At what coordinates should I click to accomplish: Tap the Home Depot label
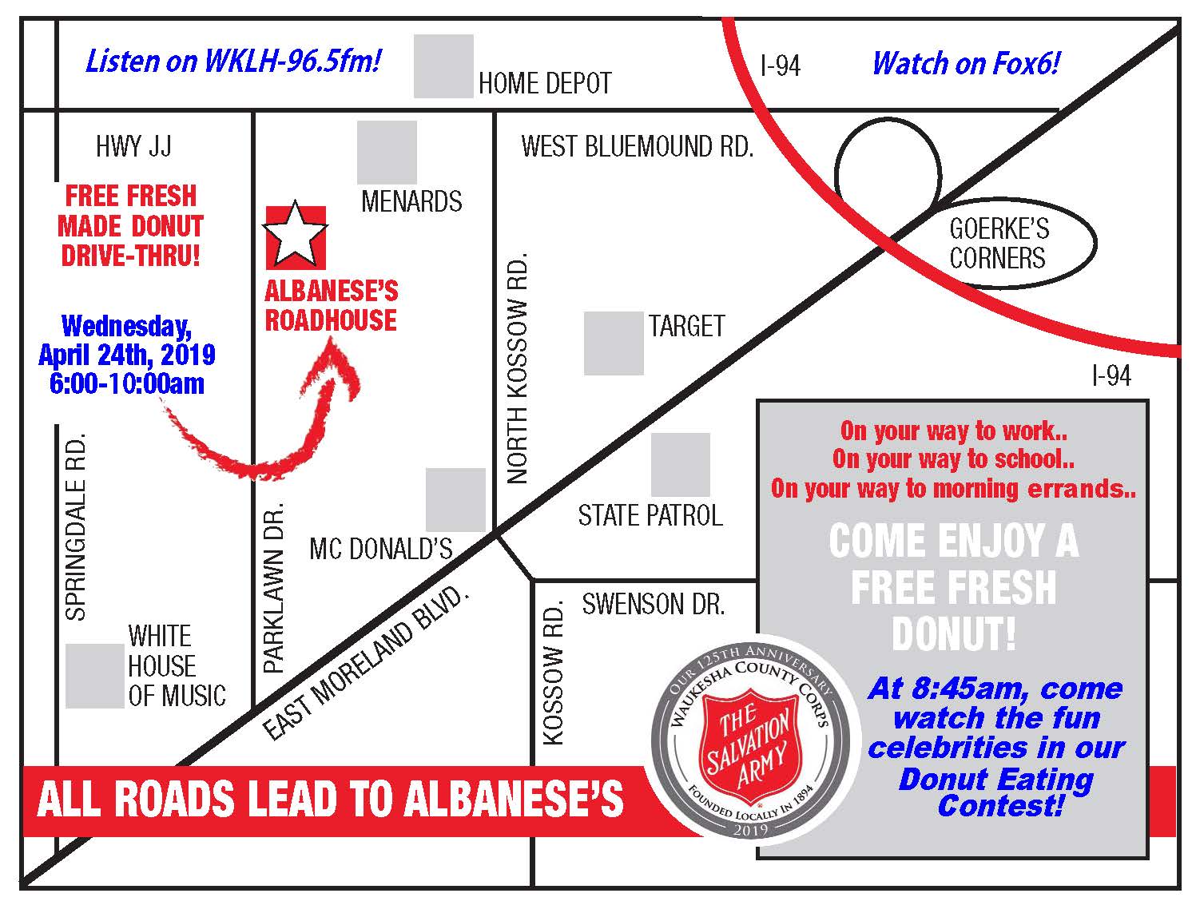coord(545,83)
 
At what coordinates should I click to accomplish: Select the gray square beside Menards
coord(387,152)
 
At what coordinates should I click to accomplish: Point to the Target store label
coord(686,326)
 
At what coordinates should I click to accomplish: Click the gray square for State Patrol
coord(680,464)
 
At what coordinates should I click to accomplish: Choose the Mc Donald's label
coord(380,549)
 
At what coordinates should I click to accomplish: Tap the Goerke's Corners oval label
coord(999,244)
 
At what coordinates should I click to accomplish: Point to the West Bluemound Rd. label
coord(637,147)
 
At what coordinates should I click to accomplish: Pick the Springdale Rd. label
coord(75,527)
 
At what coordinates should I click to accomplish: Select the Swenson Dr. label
coord(653,604)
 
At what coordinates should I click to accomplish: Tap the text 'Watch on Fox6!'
coord(965,63)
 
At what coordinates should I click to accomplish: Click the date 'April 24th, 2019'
coord(127,354)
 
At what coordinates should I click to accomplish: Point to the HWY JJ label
coord(133,147)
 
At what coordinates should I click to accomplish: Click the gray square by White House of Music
coord(94,676)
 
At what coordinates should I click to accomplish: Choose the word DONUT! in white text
coord(953,634)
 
